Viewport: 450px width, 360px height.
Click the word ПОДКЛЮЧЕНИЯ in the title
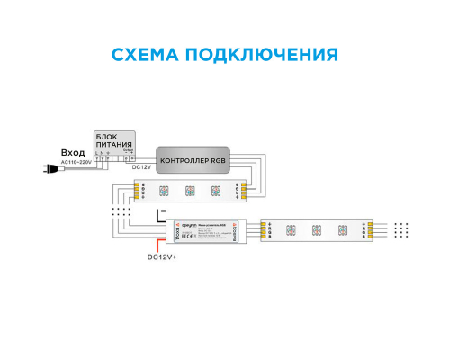tap(267, 54)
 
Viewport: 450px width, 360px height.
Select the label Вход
tap(73, 153)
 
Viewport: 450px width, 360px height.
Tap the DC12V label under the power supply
tap(141, 167)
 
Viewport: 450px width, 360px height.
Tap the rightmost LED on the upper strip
tap(216, 190)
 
